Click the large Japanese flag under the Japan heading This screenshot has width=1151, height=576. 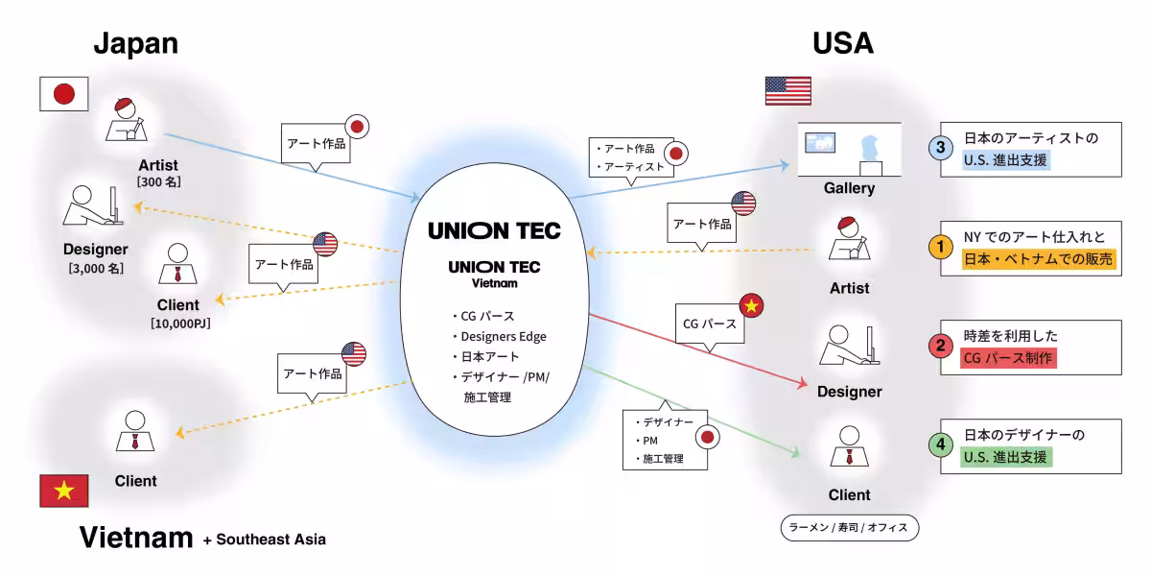tap(63, 94)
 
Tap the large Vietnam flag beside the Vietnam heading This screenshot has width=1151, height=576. tap(63, 491)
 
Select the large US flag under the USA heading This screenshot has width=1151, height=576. tap(787, 91)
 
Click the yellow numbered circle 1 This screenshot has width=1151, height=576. tap(940, 247)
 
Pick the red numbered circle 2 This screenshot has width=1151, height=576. tap(940, 346)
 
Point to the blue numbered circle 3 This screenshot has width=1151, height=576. tap(940, 148)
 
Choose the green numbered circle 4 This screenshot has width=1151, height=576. tap(940, 444)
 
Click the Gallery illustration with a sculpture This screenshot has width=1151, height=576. tap(850, 150)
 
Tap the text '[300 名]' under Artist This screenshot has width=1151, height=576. tap(159, 182)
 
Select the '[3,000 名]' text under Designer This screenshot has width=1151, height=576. tap(96, 269)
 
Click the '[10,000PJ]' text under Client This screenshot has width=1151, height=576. tap(180, 324)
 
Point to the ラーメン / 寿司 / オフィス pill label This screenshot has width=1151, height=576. tap(850, 528)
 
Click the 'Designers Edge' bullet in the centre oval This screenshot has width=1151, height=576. tap(503, 336)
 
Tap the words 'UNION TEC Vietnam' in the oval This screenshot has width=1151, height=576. tap(494, 275)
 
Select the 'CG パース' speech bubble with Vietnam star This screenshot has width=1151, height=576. tap(710, 324)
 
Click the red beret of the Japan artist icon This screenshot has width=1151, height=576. tap(124, 104)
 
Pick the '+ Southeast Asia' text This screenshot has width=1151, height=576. tap(265, 540)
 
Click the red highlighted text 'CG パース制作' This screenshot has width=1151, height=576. tap(1008, 358)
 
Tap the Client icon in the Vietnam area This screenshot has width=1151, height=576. tap(135, 431)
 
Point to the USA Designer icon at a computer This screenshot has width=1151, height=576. tap(850, 345)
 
